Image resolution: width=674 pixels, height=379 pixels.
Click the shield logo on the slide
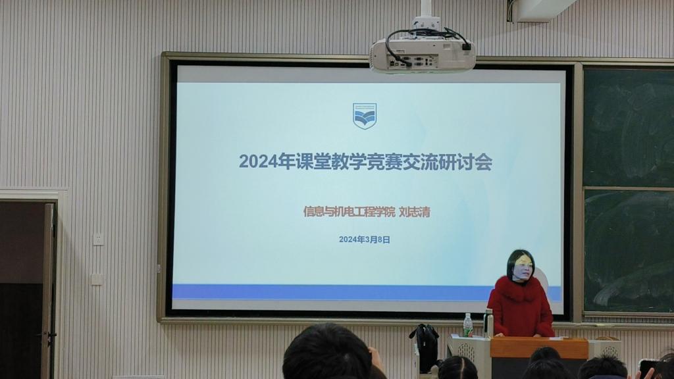(x=365, y=116)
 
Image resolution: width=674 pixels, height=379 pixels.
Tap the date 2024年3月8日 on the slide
(x=365, y=240)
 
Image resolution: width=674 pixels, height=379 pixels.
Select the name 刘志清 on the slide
(x=415, y=212)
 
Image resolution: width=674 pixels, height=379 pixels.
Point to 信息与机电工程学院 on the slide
(x=349, y=212)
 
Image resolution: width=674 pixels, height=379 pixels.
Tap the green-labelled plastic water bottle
(x=468, y=325)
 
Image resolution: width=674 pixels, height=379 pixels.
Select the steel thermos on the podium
(x=488, y=322)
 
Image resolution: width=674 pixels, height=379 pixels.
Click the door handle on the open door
(x=51, y=334)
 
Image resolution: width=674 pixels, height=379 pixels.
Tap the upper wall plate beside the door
(x=99, y=239)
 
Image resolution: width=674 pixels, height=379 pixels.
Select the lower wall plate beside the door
(x=97, y=279)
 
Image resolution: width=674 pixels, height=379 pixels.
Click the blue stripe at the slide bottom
(x=331, y=292)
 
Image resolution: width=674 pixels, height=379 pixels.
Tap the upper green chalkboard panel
(x=628, y=127)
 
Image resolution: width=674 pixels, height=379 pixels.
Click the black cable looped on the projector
(x=426, y=39)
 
